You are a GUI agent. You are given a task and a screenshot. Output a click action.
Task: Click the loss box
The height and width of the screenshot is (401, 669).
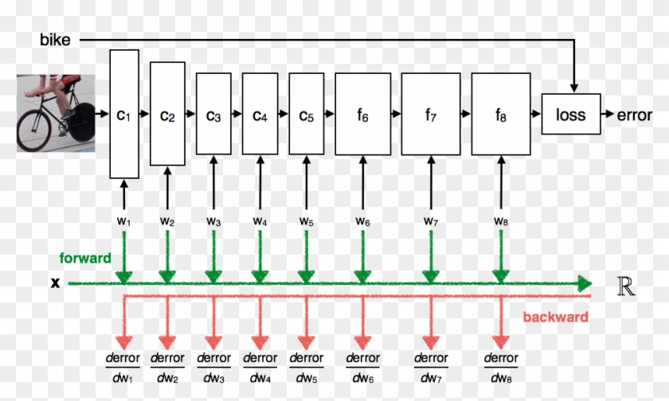point(570,115)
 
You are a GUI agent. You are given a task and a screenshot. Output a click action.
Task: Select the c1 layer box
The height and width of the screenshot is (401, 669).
point(123,114)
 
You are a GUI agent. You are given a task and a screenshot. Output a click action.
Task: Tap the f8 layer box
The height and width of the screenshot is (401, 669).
point(500,114)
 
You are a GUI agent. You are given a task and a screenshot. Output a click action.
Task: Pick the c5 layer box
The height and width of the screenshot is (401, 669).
point(306,114)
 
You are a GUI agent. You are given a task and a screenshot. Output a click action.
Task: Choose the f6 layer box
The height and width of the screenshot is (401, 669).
point(362,114)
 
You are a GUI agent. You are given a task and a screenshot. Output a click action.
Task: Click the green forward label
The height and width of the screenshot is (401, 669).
point(84,259)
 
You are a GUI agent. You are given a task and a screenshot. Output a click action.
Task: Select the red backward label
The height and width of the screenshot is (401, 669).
point(555,317)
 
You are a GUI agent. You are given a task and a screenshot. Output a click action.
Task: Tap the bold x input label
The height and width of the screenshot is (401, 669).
point(56,282)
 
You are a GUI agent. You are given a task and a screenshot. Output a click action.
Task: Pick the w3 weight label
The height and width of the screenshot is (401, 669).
point(213,220)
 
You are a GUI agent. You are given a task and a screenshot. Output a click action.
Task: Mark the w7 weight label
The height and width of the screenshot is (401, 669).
point(430,220)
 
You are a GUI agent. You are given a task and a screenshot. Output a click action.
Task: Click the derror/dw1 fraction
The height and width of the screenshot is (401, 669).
point(123,368)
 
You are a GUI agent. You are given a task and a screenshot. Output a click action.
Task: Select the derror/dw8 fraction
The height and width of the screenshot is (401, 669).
point(501,368)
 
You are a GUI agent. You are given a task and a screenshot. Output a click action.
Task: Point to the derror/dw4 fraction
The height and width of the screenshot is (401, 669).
point(260,368)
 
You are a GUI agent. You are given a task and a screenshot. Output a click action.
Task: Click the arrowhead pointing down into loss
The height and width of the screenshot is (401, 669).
point(573,86)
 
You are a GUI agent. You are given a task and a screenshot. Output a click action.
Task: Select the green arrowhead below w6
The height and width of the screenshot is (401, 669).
point(362,276)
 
